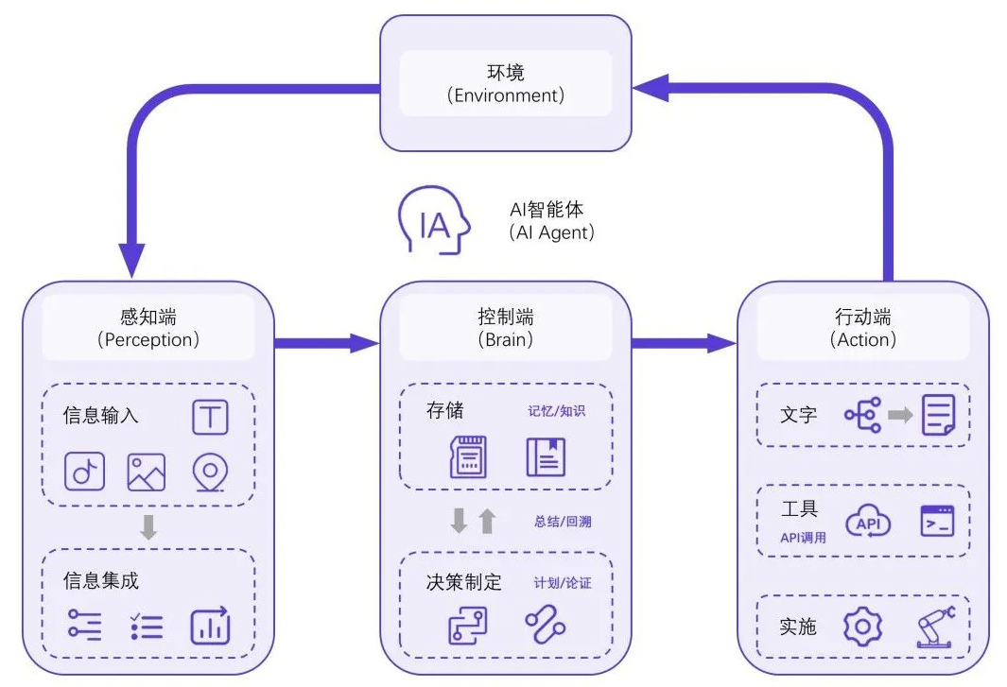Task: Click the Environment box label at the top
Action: click(x=506, y=83)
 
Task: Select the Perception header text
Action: click(x=148, y=327)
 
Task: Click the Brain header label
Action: click(x=506, y=327)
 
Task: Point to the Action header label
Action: click(x=862, y=327)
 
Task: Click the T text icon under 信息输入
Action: click(x=210, y=417)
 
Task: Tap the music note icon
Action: click(x=84, y=472)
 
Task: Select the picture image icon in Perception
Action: click(x=147, y=472)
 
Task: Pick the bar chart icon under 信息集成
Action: click(x=210, y=626)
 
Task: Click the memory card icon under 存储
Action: click(x=467, y=456)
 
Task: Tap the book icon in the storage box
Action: click(x=546, y=456)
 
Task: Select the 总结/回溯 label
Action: click(x=563, y=521)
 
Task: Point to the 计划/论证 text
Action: click(x=563, y=583)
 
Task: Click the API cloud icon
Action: click(x=867, y=522)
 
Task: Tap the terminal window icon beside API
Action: click(x=937, y=521)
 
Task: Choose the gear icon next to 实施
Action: click(x=861, y=627)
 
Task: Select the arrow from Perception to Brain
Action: click(x=326, y=343)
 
